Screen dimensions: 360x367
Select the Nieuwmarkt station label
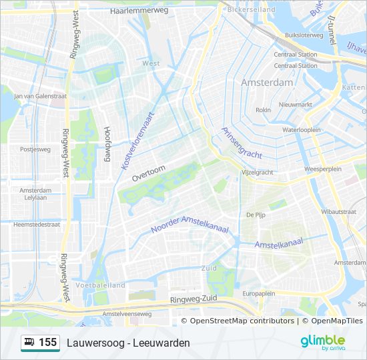click(296, 105)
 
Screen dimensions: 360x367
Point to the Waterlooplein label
click(302, 130)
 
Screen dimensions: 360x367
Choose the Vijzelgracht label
click(256, 172)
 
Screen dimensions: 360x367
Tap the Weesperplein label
click(322, 169)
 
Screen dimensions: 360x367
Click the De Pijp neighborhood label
click(256, 215)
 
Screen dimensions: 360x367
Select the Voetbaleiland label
click(101, 285)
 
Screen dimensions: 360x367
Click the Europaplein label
click(259, 293)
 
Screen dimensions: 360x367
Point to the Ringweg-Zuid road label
click(194, 300)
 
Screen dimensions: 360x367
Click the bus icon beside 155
click(30, 343)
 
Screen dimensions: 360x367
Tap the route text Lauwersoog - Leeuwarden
click(128, 343)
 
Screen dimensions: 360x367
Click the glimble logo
click(322, 342)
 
